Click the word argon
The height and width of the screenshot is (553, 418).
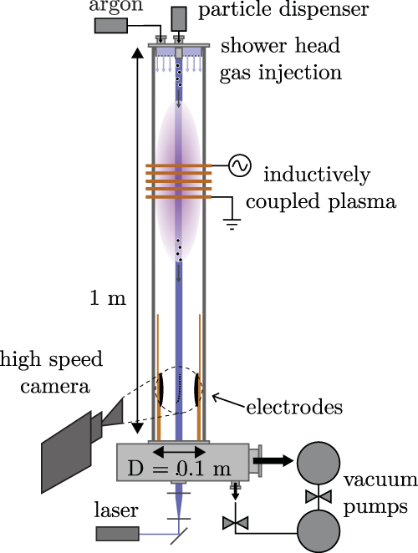pyautogui.click(x=115, y=8)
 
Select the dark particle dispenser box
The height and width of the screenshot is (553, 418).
pyautogui.click(x=180, y=18)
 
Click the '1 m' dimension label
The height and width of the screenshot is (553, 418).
pyautogui.click(x=107, y=298)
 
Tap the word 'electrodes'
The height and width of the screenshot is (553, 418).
pyautogui.click(x=294, y=408)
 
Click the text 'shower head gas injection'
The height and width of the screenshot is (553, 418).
pyautogui.click(x=281, y=59)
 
